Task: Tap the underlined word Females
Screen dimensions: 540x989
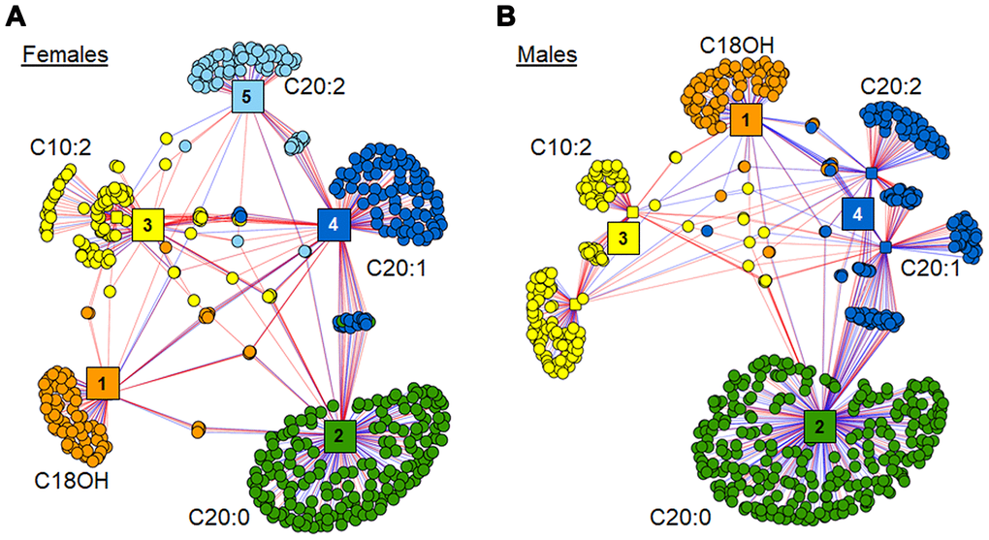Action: click(65, 53)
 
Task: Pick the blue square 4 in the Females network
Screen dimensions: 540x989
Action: click(334, 224)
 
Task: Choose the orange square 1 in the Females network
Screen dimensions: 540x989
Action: click(100, 383)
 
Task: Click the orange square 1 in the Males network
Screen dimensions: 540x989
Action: click(746, 120)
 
